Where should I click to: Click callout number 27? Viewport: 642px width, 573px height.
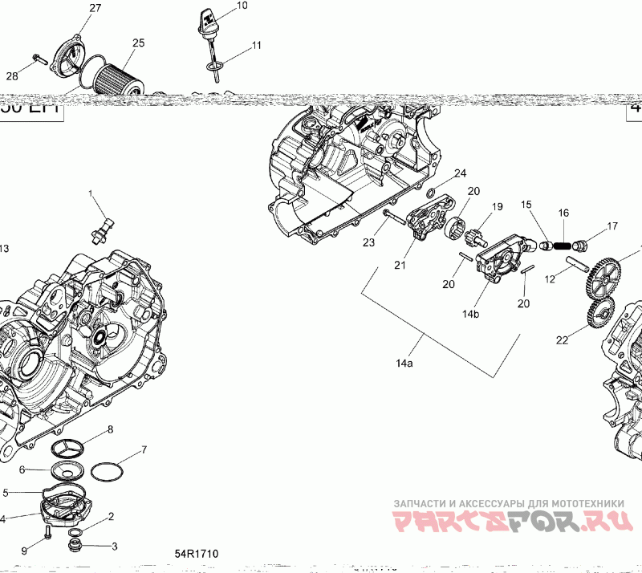point(95,8)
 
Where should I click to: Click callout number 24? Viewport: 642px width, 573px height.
point(460,173)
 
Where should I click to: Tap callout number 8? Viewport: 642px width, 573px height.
point(110,430)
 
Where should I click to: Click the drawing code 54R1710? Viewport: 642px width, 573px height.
point(198,554)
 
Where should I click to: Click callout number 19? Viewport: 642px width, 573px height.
point(498,207)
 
